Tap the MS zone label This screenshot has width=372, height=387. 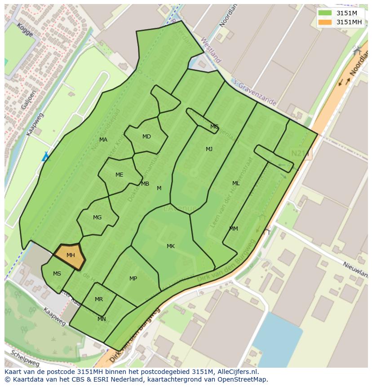click(57, 274)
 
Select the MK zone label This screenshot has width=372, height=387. click(171, 246)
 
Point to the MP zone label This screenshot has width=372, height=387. click(133, 279)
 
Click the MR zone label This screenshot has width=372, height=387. click(99, 299)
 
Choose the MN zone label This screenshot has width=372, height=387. click(102, 319)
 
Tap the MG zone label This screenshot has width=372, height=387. click(97, 218)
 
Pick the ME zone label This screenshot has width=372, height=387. click(119, 175)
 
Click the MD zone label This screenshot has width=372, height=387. click(146, 137)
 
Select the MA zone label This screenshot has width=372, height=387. click(103, 140)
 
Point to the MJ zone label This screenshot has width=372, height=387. click(209, 149)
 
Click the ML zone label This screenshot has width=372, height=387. click(236, 183)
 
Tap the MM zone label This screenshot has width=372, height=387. click(234, 229)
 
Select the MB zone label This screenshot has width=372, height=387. click(145, 184)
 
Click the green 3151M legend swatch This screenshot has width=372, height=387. click(325, 13)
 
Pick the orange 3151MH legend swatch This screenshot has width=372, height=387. click(325, 22)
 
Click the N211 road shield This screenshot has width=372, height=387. click(300, 153)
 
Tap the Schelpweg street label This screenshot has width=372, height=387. click(25, 358)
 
